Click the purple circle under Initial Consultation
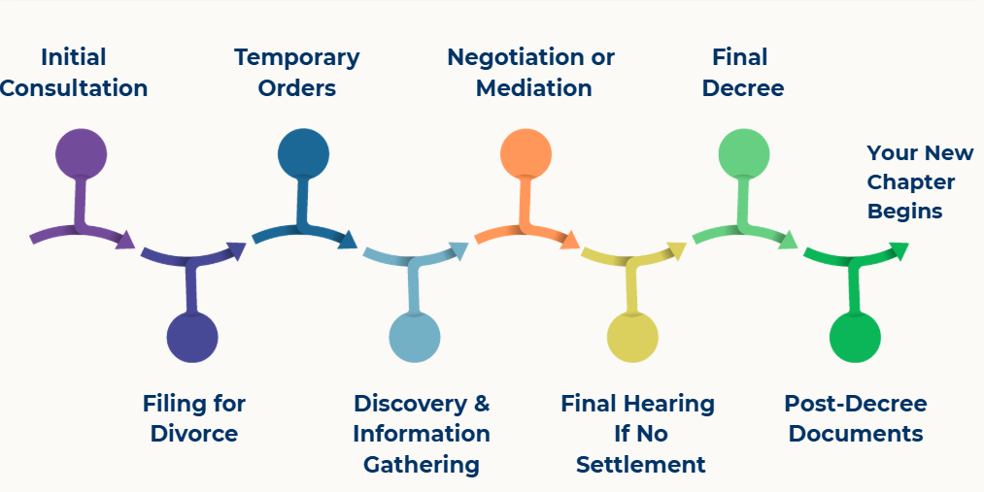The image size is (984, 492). [x=81, y=153]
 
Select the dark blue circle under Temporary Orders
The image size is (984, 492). [x=303, y=153]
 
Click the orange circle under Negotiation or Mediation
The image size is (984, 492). [x=526, y=153]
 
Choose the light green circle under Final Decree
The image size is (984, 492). [x=744, y=153]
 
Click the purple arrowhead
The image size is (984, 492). [x=125, y=240]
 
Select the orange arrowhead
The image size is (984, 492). [x=570, y=240]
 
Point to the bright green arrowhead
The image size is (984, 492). [x=899, y=250]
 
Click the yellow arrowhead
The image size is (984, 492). [x=677, y=249]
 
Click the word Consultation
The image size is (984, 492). [x=74, y=88]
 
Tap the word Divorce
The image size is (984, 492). [x=194, y=433]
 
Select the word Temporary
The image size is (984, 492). [x=297, y=57]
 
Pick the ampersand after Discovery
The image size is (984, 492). [x=480, y=403]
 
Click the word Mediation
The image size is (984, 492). [x=534, y=88]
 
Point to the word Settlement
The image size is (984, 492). [x=641, y=464]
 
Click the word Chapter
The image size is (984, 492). [x=911, y=182]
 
